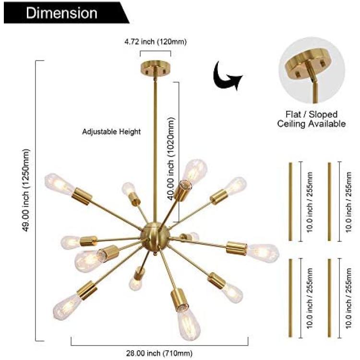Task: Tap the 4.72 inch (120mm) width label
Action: [156, 42]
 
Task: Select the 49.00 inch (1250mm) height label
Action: [26, 191]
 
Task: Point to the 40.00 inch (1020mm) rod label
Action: [171, 159]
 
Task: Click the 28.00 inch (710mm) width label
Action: [159, 353]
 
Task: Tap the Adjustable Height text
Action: [111, 132]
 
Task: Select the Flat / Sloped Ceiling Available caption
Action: [312, 119]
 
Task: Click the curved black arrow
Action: [226, 76]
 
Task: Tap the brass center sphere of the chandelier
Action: [155, 234]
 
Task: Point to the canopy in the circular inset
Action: [308, 62]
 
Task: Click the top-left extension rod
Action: [290, 202]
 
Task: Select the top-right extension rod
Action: [329, 202]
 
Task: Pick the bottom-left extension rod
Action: [290, 298]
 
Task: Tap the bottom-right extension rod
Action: [329, 298]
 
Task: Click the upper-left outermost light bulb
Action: [59, 184]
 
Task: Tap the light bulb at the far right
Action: [263, 253]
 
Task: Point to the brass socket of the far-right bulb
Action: [237, 248]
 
